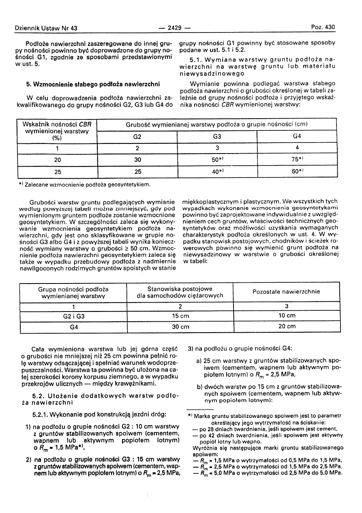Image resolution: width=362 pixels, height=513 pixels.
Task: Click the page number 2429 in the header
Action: pos(175,28)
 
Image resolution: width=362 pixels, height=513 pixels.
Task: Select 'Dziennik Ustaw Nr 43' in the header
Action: pos(46,28)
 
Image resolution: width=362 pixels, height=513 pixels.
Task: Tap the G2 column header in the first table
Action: pos(137,137)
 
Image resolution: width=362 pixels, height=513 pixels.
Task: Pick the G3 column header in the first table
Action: pos(217,137)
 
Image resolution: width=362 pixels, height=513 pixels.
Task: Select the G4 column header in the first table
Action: pos(297,137)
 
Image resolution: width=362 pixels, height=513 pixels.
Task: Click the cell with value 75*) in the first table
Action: pos(297,160)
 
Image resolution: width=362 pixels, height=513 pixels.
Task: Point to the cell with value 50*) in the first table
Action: pos(217,160)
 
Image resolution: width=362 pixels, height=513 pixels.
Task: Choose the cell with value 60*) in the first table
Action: pos(297,172)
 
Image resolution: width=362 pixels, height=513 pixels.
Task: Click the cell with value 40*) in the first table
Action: pos(217,172)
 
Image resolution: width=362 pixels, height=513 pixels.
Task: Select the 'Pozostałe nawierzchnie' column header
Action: pos(286,292)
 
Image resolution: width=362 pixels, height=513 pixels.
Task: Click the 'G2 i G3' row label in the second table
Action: pos(73,316)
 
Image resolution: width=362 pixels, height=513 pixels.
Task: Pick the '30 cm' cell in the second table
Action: pos(180,326)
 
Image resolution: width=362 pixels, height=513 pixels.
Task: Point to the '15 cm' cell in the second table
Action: pos(180,316)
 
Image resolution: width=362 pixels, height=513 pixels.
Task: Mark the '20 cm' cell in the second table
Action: pos(286,326)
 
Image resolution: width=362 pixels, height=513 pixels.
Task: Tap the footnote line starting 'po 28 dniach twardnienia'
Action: pos(268,429)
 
